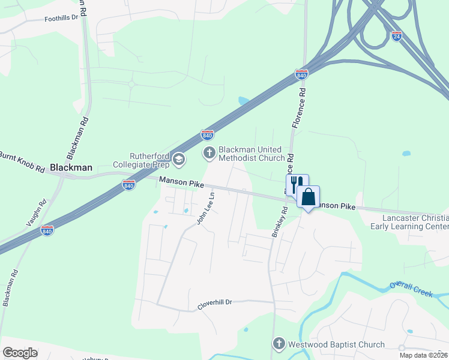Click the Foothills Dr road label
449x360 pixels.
click(62, 19)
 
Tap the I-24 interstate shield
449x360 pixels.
click(396, 36)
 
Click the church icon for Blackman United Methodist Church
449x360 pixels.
click(209, 153)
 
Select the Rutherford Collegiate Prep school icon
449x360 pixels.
click(178, 159)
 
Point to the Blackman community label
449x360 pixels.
click(71, 167)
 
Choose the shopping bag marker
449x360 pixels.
click(308, 196)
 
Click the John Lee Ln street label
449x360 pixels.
click(205, 208)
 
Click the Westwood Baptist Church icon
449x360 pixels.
click(279, 344)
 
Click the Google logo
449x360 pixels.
click(20, 353)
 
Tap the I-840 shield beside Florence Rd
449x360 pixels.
click(301, 75)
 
